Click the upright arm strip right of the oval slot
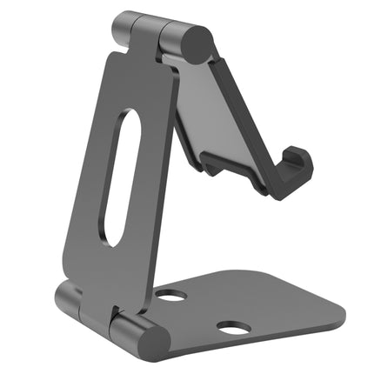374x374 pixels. [x=152, y=183]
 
